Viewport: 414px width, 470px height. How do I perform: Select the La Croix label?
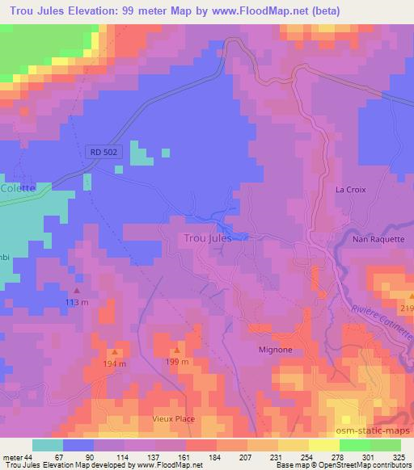[351, 190]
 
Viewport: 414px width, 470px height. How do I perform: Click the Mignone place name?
[276, 350]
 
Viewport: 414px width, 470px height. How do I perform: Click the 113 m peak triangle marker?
[77, 291]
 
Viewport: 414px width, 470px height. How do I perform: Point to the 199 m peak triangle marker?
[177, 350]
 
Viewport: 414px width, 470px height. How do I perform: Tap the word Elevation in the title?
[87, 11]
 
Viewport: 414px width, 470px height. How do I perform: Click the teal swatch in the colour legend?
[48, 445]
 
